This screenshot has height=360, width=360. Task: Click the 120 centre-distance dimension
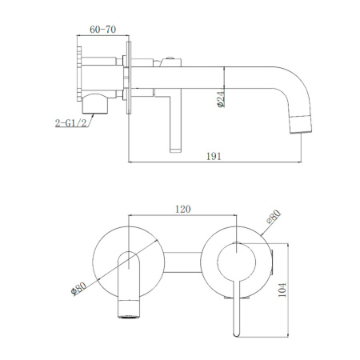tap(182, 210)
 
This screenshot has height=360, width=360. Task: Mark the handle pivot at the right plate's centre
tap(237, 245)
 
